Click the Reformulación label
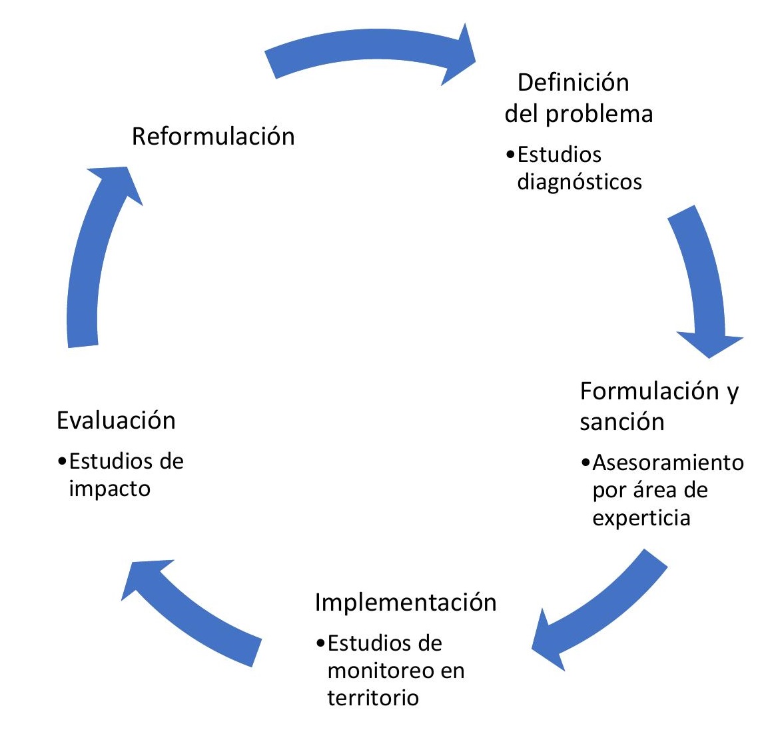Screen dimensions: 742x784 coord(213,136)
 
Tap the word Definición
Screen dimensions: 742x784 coord(573,82)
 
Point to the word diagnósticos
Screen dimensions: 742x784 coord(580,181)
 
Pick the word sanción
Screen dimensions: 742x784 coord(622,421)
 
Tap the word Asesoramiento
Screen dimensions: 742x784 coord(668,462)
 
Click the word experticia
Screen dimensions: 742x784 coord(641,518)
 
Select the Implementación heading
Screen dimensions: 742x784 coord(406,602)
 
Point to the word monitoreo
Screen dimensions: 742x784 coord(376,670)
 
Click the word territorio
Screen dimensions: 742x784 coord(373,697)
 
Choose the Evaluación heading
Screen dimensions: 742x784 coord(116,421)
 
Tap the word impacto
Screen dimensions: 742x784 coord(110,489)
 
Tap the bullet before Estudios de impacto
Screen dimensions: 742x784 coord(62,461)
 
